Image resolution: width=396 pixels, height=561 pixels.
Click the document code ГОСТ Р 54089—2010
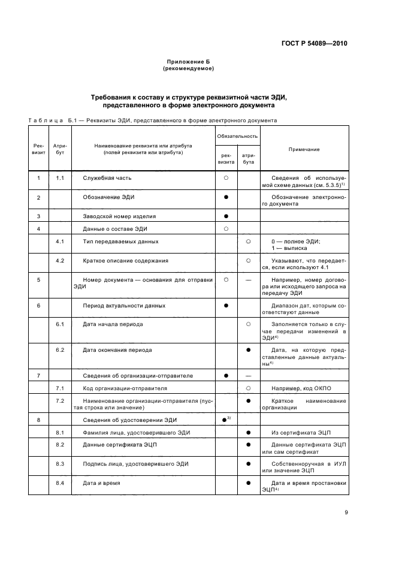315,43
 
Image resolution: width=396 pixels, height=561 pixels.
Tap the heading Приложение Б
189,62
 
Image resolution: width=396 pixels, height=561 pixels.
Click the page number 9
346,512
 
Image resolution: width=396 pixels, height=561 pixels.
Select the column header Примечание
304,149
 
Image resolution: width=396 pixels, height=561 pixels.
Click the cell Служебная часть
107,178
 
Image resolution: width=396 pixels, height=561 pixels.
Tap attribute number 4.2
60,260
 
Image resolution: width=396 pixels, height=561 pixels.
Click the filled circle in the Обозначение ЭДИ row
226,197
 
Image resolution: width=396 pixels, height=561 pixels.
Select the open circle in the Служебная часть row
226,178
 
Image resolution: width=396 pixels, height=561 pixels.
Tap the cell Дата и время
101,482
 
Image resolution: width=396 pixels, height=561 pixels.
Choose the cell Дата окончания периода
117,350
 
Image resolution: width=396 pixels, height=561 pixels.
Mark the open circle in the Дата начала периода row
247,324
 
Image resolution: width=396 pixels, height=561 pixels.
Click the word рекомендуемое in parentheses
189,69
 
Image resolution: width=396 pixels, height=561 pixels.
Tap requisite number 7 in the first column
38,376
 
